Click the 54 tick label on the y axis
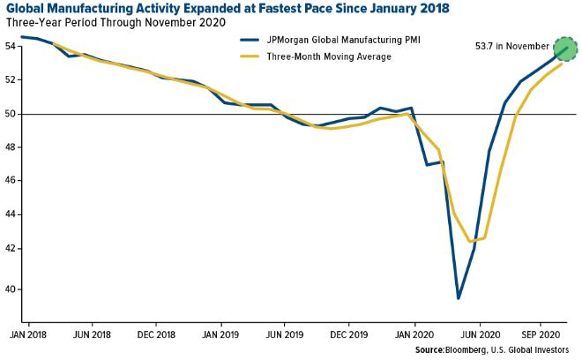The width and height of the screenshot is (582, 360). click(10, 47)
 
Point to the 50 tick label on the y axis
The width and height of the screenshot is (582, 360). click(10, 114)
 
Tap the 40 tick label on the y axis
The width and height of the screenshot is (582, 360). click(10, 289)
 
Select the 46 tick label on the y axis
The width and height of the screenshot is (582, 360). click(10, 181)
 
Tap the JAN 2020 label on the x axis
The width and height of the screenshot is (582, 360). click(414, 335)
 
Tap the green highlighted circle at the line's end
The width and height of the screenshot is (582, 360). click(565, 48)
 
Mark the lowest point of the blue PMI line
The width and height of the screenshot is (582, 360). click(459, 298)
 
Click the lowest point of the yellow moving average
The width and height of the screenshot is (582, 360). click(473, 241)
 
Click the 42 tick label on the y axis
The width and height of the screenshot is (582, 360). click(10, 249)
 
